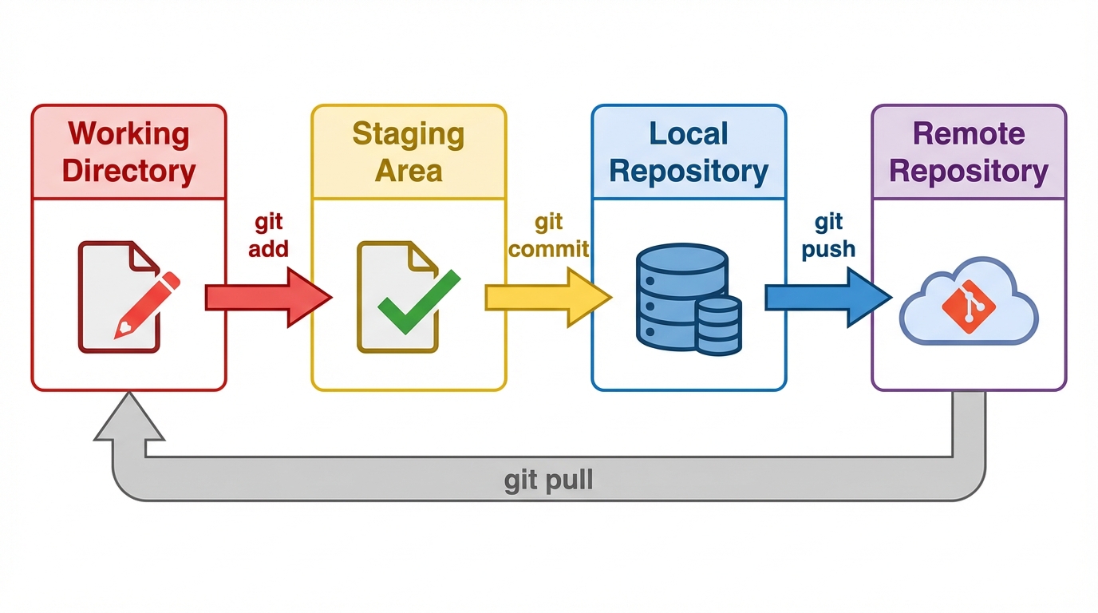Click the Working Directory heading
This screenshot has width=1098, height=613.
128,152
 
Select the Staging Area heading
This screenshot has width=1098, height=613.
409,152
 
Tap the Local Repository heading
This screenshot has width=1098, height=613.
689,152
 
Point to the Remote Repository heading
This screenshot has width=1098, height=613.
969,152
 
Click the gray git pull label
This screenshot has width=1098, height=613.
549,481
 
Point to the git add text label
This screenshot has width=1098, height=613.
268,235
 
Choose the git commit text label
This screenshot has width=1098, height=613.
549,235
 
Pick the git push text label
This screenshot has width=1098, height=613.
828,235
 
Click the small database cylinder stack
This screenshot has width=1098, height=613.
718,325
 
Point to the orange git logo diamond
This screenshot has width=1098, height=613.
968,306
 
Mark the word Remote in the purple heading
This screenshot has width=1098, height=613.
969,133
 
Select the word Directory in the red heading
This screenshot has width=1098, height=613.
128,171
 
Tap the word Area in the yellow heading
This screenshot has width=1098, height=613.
409,171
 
